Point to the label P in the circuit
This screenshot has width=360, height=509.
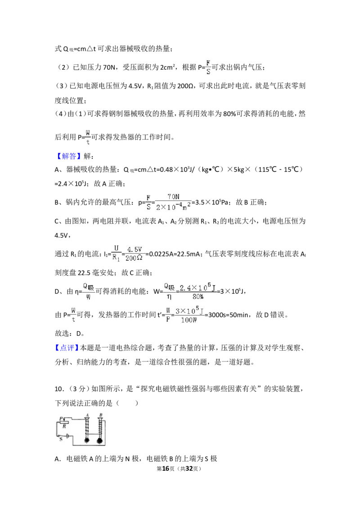click(61, 419)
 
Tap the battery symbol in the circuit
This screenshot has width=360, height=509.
click(67, 436)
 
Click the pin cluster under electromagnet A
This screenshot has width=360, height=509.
click(87, 440)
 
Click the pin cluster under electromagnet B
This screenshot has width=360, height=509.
click(100, 441)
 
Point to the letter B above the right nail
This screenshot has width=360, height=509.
click(101, 415)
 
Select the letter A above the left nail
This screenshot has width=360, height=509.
click(87, 415)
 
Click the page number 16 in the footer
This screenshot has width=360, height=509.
click(166, 469)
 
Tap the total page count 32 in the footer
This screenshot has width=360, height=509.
click(189, 469)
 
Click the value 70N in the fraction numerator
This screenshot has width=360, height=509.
click(174, 196)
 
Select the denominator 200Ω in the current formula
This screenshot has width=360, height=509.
click(134, 259)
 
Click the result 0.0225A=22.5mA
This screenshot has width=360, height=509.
click(174, 254)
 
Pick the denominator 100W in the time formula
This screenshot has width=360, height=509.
click(189, 320)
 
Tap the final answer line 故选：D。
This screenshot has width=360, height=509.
click(70, 333)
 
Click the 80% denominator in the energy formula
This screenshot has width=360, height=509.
click(198, 296)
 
